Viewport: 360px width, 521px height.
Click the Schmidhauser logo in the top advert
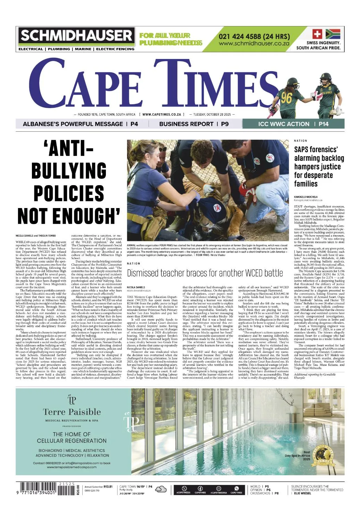click(x=76, y=36)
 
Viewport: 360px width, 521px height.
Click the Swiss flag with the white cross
click(x=317, y=34)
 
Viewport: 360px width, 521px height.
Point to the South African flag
click(x=333, y=34)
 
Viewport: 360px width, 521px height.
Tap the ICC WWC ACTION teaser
click(x=284, y=124)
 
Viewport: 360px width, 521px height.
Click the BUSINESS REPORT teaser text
click(x=186, y=124)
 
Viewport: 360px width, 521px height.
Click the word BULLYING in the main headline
click(x=69, y=171)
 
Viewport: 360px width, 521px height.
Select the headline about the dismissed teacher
click(x=205, y=273)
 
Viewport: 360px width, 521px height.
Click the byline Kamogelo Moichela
click(x=305, y=197)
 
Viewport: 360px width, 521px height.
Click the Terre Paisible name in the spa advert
click(x=72, y=412)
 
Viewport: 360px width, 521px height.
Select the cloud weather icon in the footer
click(x=161, y=489)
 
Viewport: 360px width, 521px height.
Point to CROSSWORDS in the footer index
click(x=260, y=493)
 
